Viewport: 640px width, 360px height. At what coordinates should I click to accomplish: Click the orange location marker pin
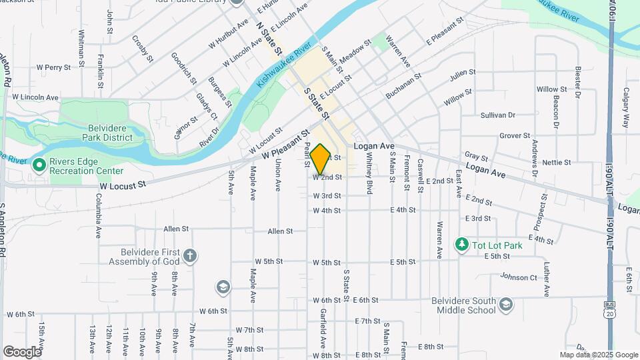pyautogui.click(x=321, y=159)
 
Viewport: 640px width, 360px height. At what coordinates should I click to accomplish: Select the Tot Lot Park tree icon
pyautogui.click(x=461, y=245)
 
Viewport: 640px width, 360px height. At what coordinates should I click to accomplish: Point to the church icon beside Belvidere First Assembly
pyautogui.click(x=190, y=256)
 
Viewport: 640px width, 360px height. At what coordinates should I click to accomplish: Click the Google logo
pyautogui.click(x=21, y=352)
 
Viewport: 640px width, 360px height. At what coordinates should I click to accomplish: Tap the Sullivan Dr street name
pyautogui.click(x=498, y=115)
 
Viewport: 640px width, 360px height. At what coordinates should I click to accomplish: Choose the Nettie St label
pyautogui.click(x=557, y=162)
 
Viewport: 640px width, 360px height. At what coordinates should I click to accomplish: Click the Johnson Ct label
pyautogui.click(x=519, y=277)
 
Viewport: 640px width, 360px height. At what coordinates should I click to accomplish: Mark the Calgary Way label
pyautogui.click(x=627, y=108)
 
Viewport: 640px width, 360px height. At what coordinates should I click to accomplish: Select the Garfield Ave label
pyautogui.click(x=323, y=331)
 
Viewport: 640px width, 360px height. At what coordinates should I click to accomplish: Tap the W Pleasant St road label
pyautogui.click(x=287, y=144)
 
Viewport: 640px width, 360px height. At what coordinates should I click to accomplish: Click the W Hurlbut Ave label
pyautogui.click(x=228, y=38)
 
